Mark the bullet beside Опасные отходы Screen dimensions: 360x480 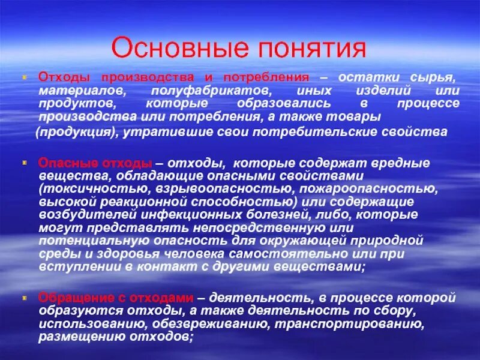[x=25, y=162]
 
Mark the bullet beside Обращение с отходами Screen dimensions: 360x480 [x=25, y=297]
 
